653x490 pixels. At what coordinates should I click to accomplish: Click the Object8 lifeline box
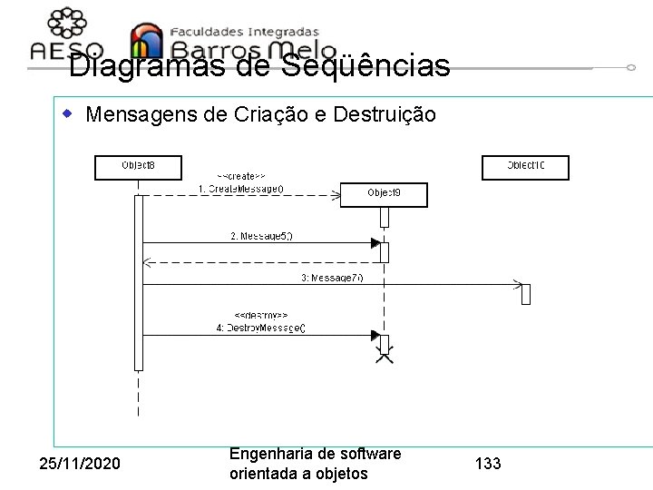pyautogui.click(x=138, y=167)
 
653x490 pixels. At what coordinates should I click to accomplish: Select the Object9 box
pyautogui.click(x=384, y=194)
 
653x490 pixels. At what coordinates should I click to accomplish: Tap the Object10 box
pyautogui.click(x=525, y=167)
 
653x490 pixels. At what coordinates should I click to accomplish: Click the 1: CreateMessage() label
pyautogui.click(x=241, y=189)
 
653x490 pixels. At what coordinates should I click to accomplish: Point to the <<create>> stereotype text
pyautogui.click(x=240, y=175)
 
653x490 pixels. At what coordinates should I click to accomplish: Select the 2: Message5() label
pyautogui.click(x=262, y=236)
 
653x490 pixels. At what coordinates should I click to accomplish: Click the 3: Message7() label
pyautogui.click(x=333, y=277)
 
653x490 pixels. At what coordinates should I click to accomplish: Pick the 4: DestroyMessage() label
pyautogui.click(x=261, y=328)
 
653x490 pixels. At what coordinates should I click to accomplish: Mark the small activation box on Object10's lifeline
pyautogui.click(x=525, y=294)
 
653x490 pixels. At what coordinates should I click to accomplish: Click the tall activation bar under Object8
pyautogui.click(x=139, y=281)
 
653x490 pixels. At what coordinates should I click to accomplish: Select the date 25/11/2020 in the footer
pyautogui.click(x=80, y=465)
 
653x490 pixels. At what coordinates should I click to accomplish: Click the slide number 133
pyautogui.click(x=488, y=465)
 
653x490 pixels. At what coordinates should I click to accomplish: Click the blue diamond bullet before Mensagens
pyautogui.click(x=66, y=114)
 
